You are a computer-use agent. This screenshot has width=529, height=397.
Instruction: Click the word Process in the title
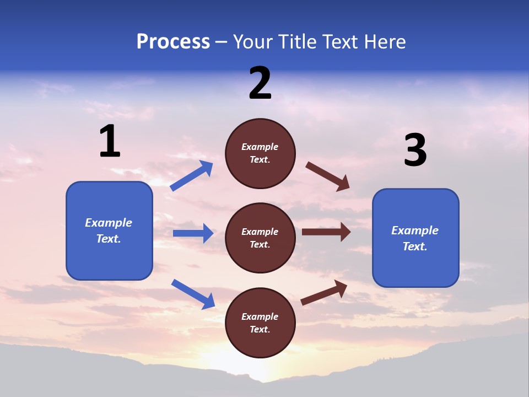point(173,42)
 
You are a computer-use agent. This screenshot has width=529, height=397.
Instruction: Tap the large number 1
point(110,142)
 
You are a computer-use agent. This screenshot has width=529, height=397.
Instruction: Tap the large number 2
point(260,83)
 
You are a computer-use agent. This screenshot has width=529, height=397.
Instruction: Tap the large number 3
point(415,150)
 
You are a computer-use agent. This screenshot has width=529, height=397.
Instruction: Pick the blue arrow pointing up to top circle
point(191,176)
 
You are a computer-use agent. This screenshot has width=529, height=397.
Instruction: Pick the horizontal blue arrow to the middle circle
point(193,233)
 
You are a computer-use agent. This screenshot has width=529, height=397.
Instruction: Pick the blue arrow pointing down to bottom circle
point(193,294)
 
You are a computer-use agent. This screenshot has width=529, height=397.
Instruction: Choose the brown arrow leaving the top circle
point(327,176)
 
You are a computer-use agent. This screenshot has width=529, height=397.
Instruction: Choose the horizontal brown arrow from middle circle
point(326,232)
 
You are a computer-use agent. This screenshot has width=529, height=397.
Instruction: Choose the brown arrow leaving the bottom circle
point(324,292)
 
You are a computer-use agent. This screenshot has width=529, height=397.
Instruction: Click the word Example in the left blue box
point(109,223)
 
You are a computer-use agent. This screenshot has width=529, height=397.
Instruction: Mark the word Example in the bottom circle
point(260,316)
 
